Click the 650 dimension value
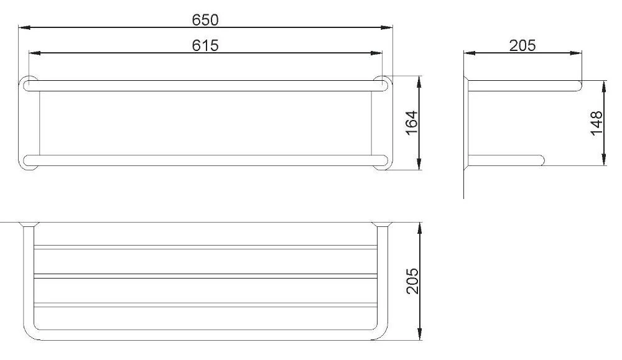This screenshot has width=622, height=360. tap(205, 19)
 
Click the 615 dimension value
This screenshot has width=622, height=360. tap(205, 45)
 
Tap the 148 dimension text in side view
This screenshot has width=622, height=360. tap(596, 122)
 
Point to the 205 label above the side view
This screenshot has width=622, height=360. tap(522, 45)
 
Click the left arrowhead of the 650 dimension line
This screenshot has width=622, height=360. tap(22, 27)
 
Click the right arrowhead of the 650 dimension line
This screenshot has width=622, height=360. tap(389, 27)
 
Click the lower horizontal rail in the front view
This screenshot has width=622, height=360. tap(205, 160)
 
